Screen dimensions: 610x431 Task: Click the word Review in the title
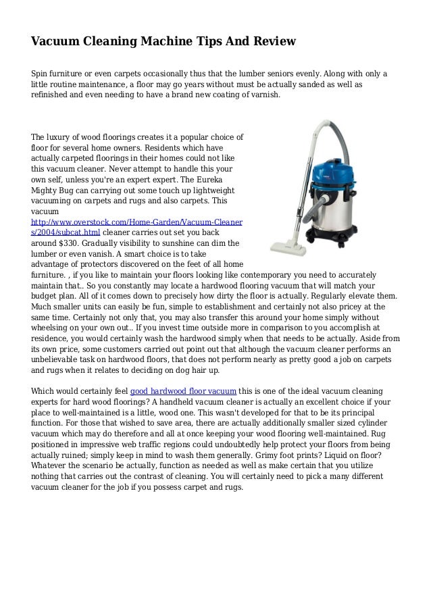(x=273, y=42)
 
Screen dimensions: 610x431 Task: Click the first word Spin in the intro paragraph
(x=42, y=72)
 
